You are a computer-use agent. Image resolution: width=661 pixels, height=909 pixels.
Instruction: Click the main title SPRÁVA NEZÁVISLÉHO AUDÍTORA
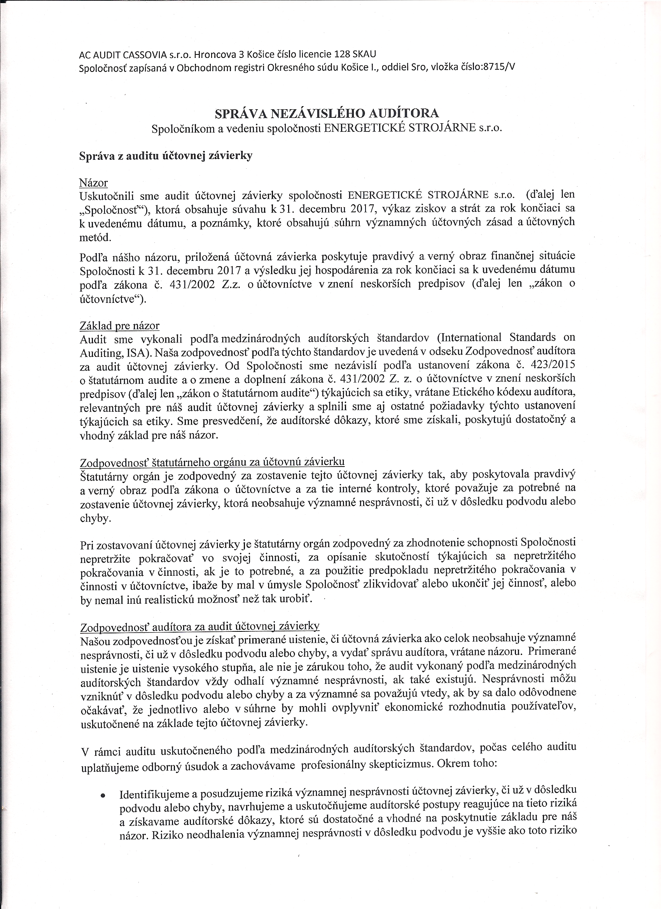[327, 114]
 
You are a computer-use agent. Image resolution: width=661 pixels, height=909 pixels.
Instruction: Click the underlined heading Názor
[93, 183]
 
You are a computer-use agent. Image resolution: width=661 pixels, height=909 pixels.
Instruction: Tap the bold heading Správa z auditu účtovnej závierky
[166, 156]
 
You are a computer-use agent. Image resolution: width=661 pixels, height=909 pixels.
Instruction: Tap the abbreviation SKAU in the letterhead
[364, 54]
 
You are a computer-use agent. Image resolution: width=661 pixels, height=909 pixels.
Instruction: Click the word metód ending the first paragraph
[94, 237]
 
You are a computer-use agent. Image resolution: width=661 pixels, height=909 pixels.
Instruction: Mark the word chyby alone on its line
[94, 519]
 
